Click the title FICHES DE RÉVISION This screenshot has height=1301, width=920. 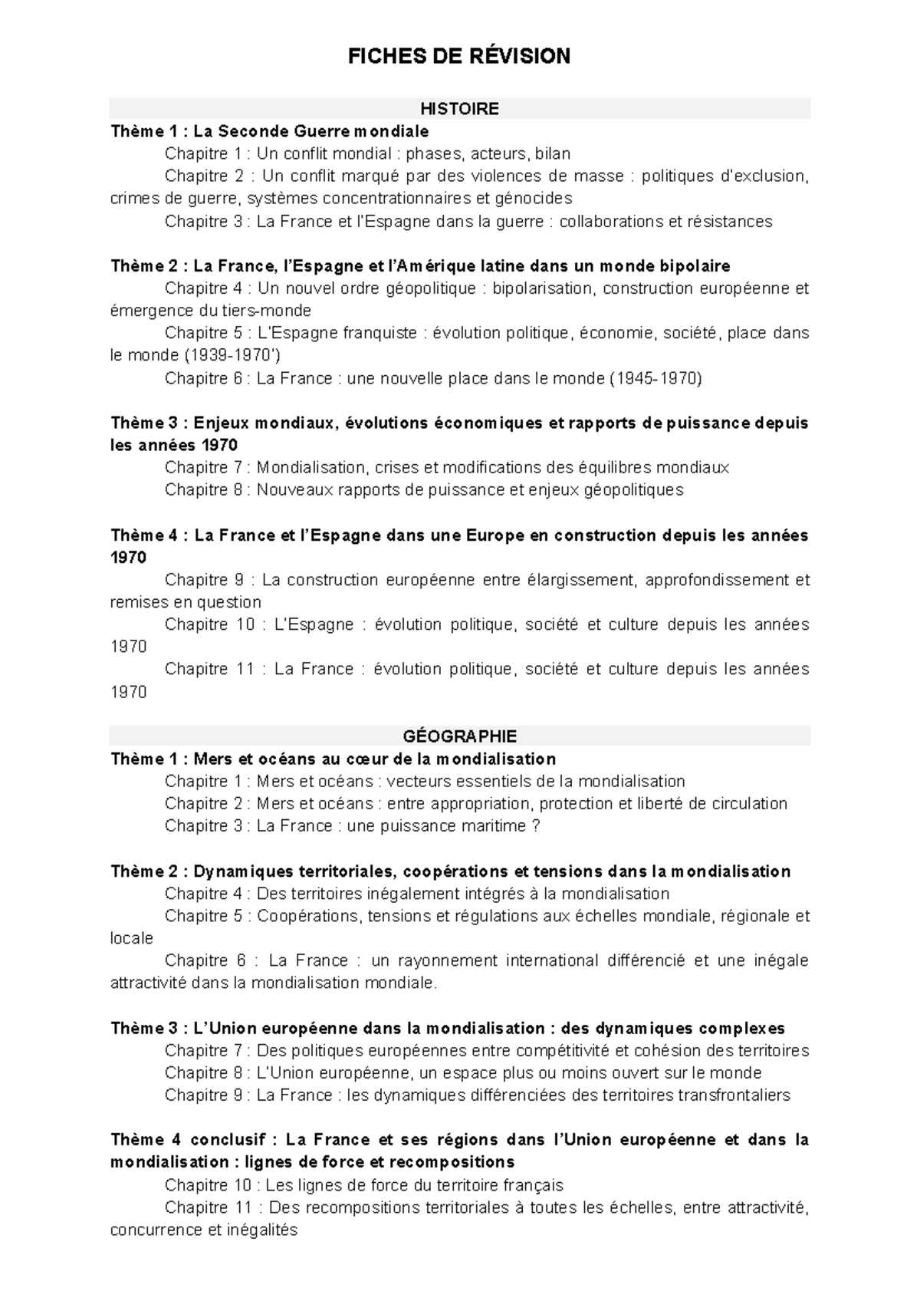point(459,56)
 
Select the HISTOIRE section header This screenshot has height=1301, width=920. point(459,109)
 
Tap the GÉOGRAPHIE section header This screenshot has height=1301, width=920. point(459,736)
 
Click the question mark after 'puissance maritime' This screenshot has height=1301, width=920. point(536,826)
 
